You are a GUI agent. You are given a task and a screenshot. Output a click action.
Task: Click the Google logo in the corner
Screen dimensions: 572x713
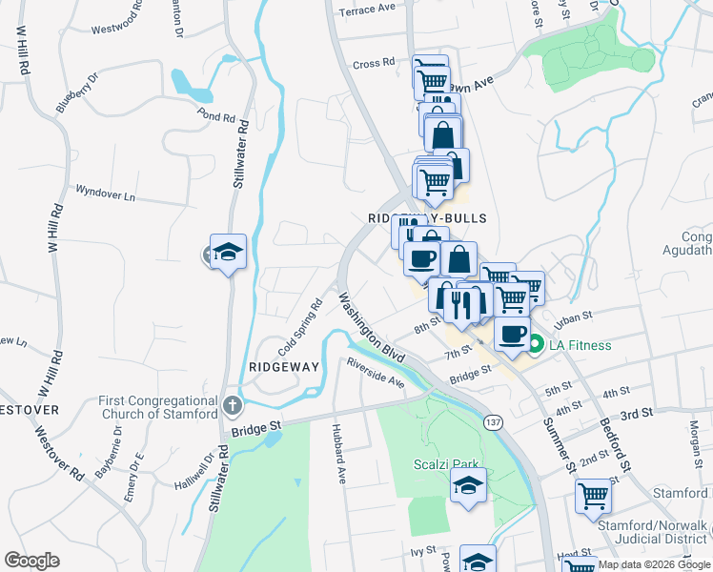tap(31, 561)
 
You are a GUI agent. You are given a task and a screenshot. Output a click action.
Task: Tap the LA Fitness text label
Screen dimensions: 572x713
tap(579, 345)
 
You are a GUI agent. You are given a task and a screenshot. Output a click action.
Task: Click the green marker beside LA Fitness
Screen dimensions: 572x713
tap(537, 345)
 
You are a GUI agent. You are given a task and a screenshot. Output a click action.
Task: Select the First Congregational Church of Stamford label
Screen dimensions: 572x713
tap(158, 407)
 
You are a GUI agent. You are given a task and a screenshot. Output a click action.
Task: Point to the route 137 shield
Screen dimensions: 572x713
tap(493, 421)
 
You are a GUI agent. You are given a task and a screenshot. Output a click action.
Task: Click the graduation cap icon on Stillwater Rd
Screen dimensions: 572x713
tap(228, 253)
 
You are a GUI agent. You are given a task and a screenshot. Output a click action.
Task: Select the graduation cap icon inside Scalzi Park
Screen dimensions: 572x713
tap(468, 486)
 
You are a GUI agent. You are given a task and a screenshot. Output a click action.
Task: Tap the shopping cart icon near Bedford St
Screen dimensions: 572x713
tap(593, 496)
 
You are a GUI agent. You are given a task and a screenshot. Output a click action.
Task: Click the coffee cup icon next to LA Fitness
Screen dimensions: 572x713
tap(512, 335)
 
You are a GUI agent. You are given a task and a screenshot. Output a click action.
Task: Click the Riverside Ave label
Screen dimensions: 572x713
tap(376, 371)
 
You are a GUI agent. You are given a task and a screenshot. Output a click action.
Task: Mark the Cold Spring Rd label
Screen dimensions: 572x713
tap(301, 327)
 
